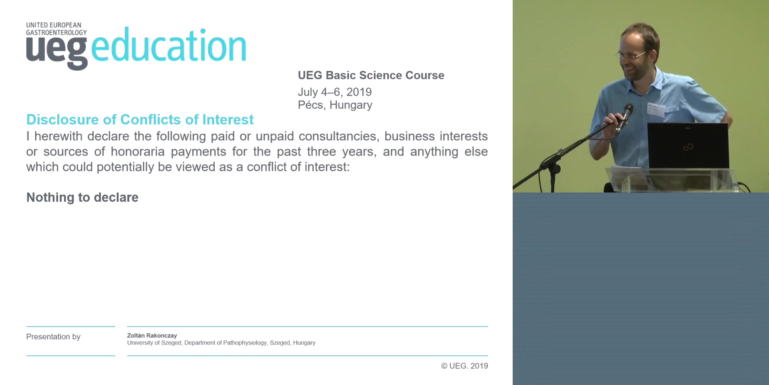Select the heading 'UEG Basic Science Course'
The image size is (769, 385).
pos(371,75)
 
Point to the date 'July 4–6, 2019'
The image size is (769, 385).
pos(335,92)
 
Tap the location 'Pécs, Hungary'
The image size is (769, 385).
pos(335,105)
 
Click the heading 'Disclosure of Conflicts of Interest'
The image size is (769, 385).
pos(140,120)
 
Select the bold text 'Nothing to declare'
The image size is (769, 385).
pos(83,197)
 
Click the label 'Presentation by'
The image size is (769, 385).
pos(53,337)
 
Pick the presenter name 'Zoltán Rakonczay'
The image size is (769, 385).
pos(152,336)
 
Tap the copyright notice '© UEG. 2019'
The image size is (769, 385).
pos(465,366)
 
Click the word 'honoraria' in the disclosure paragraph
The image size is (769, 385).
pos(138,152)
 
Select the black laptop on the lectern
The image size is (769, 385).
pos(688,146)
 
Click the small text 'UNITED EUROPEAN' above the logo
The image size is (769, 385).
pos(54,25)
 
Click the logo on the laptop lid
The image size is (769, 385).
pos(688,148)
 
